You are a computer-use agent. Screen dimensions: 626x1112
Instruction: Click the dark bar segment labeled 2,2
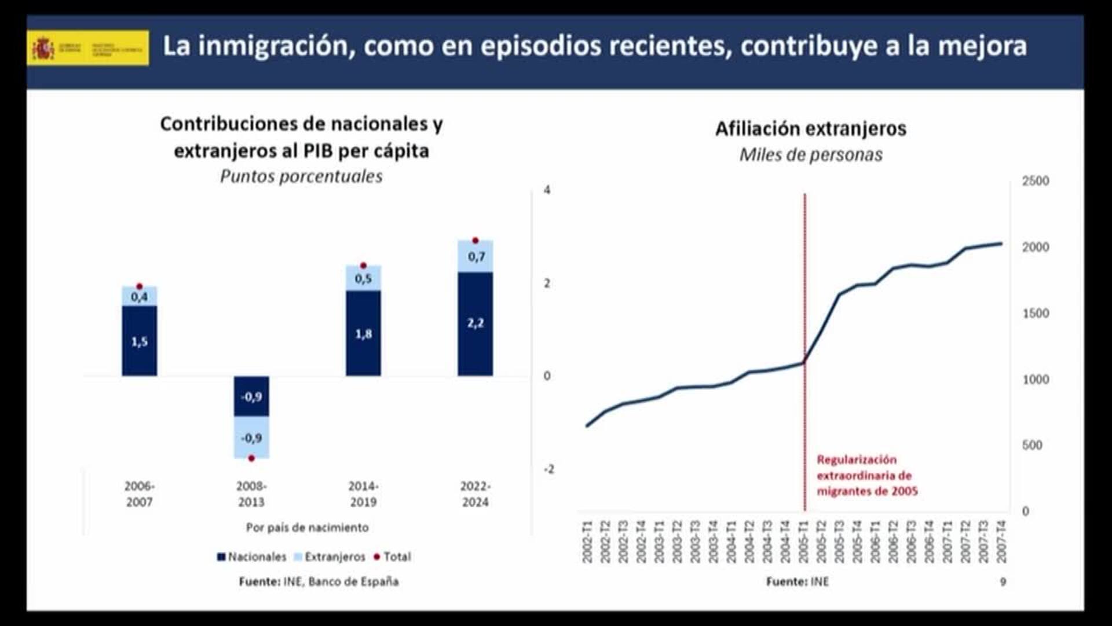pos(475,323)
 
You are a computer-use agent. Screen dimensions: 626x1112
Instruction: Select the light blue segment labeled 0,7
pos(475,256)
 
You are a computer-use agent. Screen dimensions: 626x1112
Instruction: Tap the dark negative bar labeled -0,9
pos(251,396)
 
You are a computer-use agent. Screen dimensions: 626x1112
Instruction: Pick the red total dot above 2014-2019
pos(363,265)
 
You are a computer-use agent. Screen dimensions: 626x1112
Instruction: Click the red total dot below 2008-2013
pos(251,458)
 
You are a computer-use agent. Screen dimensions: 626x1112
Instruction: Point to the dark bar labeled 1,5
pos(139,341)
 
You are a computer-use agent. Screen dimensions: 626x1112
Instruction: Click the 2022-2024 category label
pos(475,494)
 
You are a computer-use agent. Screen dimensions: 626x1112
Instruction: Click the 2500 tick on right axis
pos(1035,181)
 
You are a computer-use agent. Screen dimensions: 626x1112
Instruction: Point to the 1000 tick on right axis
pos(1035,379)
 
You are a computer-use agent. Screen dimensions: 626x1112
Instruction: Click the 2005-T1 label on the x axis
pos(803,541)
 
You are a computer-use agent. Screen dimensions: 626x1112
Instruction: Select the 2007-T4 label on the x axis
pos(1001,541)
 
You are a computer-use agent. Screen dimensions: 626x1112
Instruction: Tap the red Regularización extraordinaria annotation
pos(866,475)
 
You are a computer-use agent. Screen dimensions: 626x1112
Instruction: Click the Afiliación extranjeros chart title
pos(810,129)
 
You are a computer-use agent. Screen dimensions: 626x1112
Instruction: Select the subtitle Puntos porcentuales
pos(301,176)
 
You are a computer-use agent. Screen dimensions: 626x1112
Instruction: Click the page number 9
pos(1003,581)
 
